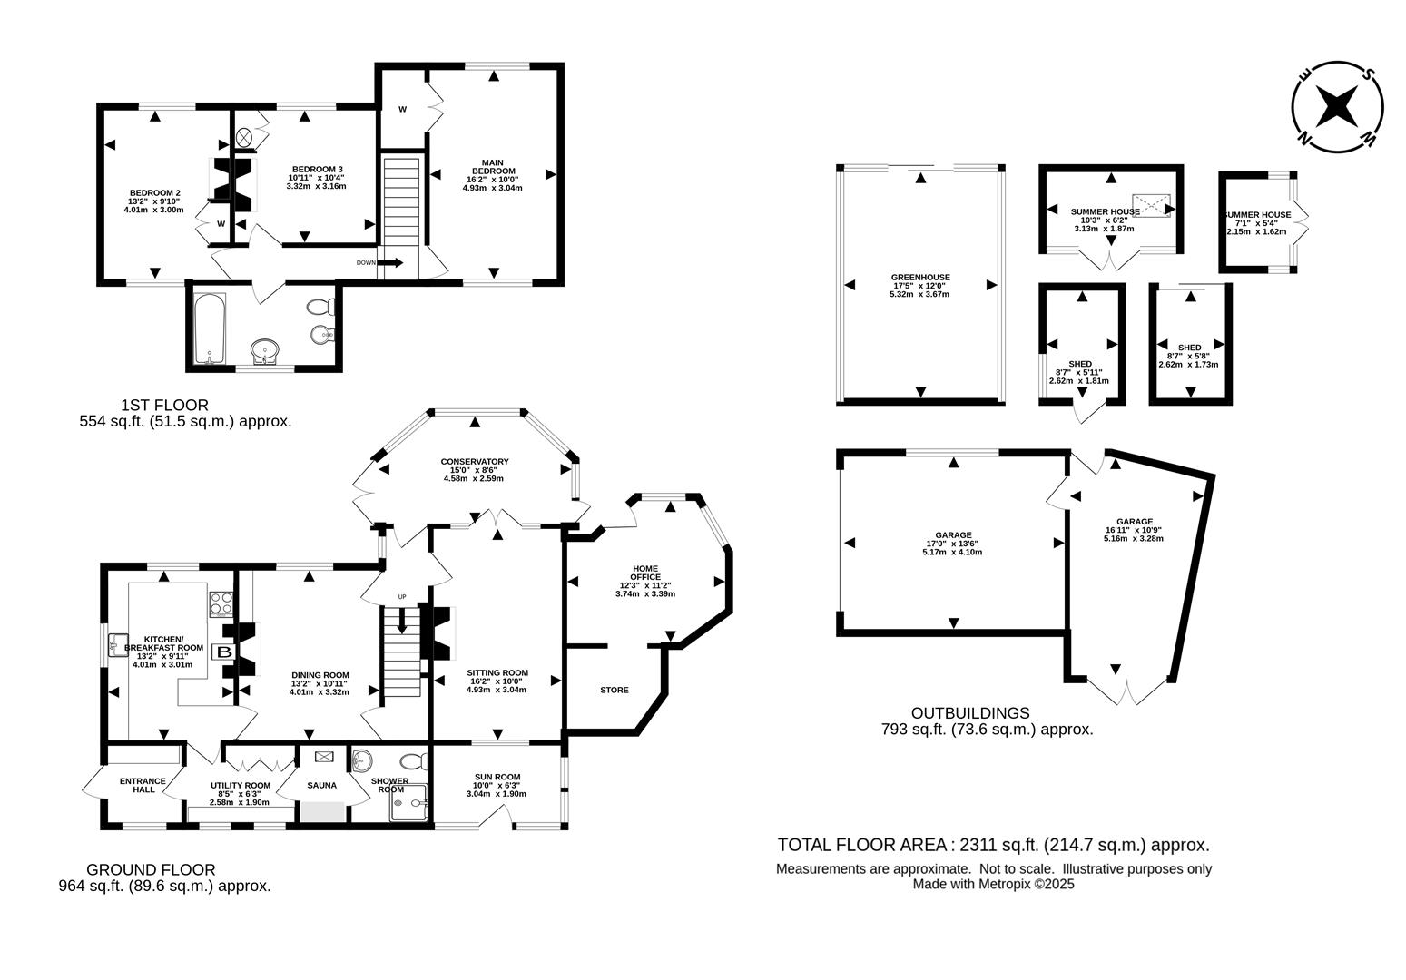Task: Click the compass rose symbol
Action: tap(1337, 107)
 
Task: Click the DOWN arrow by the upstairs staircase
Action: tap(390, 263)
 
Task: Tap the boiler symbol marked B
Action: tap(223, 652)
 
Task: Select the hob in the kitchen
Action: tap(221, 603)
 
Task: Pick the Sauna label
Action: tap(322, 786)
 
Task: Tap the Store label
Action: tap(614, 690)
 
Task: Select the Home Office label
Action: tap(645, 573)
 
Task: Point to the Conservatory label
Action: tap(475, 462)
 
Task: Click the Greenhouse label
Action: tap(920, 278)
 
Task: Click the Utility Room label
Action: tap(241, 786)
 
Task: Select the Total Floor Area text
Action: tap(993, 845)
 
